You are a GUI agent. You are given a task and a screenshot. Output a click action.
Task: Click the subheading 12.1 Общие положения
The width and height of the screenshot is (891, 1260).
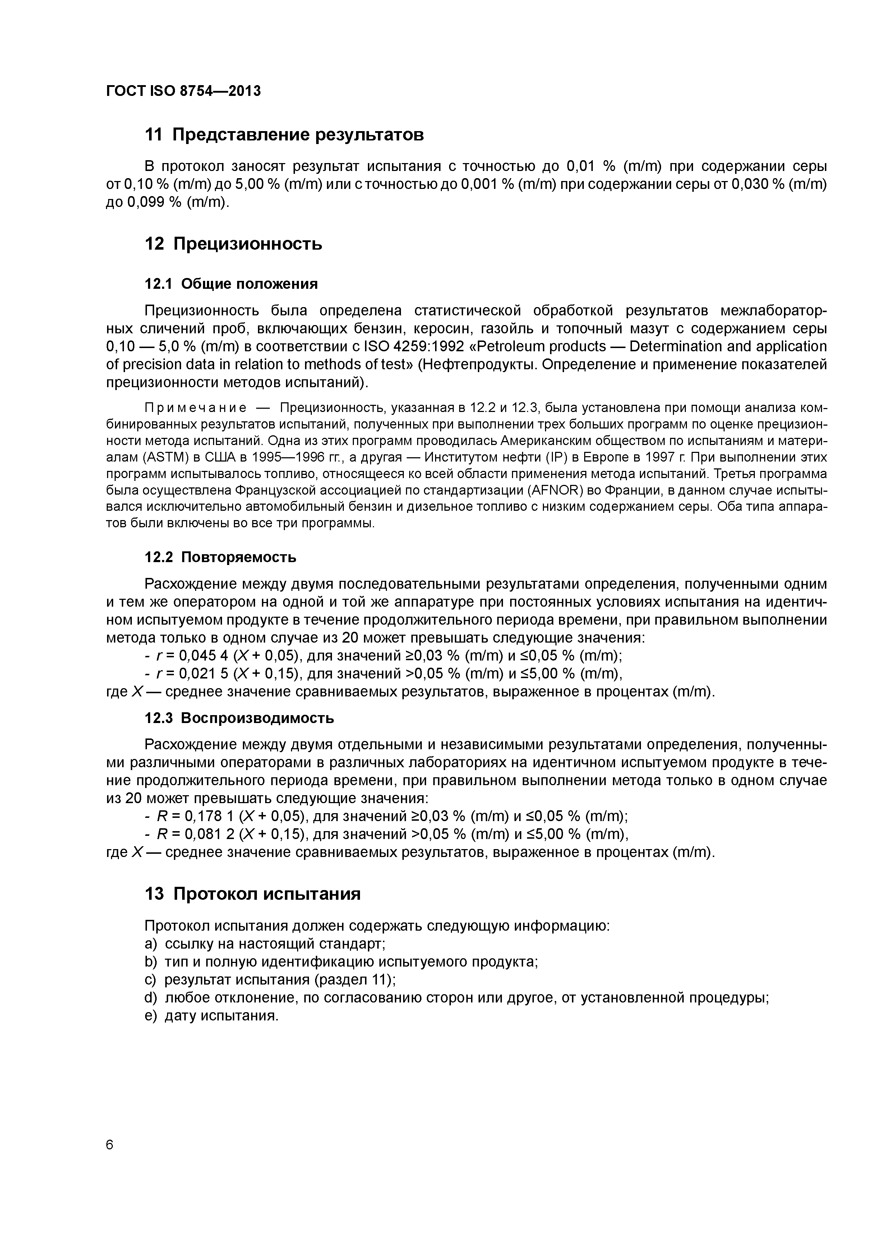pyautogui.click(x=231, y=284)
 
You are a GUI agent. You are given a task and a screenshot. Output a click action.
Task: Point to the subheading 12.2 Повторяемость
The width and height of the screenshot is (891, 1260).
pyautogui.click(x=220, y=557)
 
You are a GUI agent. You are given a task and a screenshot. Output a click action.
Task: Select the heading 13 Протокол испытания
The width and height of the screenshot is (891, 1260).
pyautogui.click(x=253, y=894)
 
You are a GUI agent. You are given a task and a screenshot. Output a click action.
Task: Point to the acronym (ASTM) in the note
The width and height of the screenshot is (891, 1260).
pyautogui.click(x=162, y=458)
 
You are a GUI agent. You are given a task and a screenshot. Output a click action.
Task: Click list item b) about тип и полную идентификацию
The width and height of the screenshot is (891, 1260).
pyautogui.click(x=340, y=962)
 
